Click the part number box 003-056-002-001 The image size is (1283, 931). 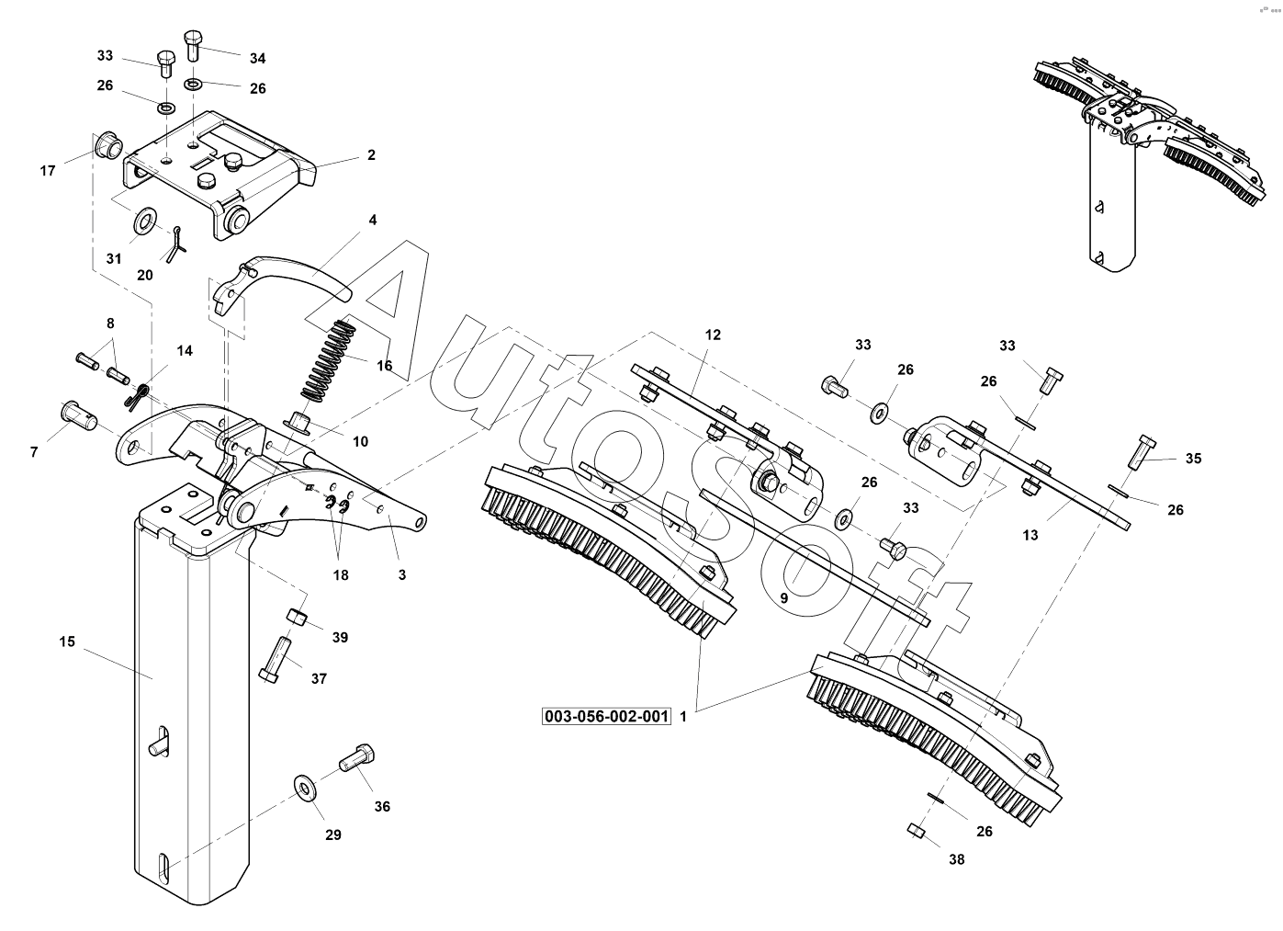pyautogui.click(x=607, y=717)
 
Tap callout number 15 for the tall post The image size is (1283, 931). pyautogui.click(x=67, y=641)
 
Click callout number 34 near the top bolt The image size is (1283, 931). pyautogui.click(x=257, y=58)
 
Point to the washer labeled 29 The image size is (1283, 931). pyautogui.click(x=304, y=788)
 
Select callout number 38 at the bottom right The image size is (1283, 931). pyautogui.click(x=958, y=860)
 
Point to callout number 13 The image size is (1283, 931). pyautogui.click(x=1030, y=535)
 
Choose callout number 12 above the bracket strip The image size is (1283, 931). pyautogui.click(x=713, y=335)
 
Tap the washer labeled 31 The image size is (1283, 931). pyautogui.click(x=145, y=222)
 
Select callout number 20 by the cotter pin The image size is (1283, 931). pyautogui.click(x=145, y=275)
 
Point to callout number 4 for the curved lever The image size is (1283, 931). pyautogui.click(x=373, y=221)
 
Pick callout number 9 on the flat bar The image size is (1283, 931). pyautogui.click(x=783, y=597)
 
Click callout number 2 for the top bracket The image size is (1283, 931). pyautogui.click(x=371, y=155)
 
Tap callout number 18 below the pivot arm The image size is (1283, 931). pyautogui.click(x=341, y=575)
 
